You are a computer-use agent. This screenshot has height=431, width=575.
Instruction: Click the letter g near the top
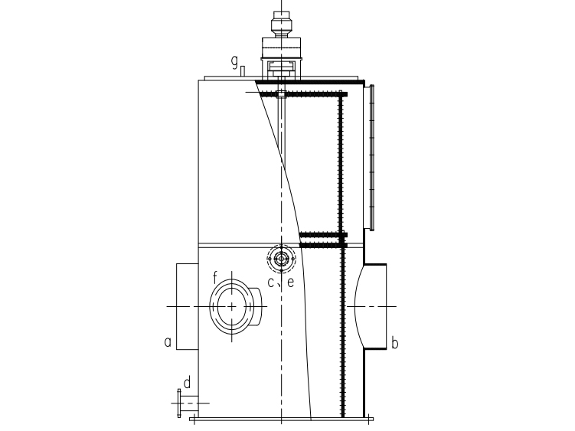(x=234, y=61)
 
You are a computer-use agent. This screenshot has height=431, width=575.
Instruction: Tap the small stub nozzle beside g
(x=243, y=71)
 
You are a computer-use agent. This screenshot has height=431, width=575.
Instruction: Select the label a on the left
(x=168, y=342)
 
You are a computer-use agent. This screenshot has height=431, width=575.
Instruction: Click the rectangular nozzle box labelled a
(x=188, y=306)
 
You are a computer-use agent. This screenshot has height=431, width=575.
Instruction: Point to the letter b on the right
(x=394, y=343)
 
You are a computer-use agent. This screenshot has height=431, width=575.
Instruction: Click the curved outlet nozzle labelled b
(x=371, y=306)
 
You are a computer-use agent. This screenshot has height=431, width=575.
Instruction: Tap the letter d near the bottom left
(x=187, y=383)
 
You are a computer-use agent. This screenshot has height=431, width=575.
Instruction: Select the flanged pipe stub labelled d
(x=188, y=403)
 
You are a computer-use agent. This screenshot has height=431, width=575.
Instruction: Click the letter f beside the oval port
(x=215, y=278)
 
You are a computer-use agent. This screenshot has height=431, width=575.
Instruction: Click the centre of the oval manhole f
(x=232, y=307)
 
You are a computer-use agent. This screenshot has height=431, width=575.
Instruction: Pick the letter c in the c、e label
(x=270, y=282)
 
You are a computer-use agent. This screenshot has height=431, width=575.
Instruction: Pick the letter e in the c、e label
(x=290, y=282)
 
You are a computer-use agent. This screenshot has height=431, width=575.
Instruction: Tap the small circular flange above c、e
(x=281, y=259)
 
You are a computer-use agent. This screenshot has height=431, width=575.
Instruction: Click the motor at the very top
(x=281, y=24)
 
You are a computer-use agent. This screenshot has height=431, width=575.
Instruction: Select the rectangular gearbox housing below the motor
(x=281, y=47)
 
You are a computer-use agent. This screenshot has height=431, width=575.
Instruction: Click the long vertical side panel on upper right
(x=371, y=158)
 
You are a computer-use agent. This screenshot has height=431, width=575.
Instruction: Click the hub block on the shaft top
(x=281, y=94)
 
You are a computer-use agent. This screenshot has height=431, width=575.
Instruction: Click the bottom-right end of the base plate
(x=374, y=419)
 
